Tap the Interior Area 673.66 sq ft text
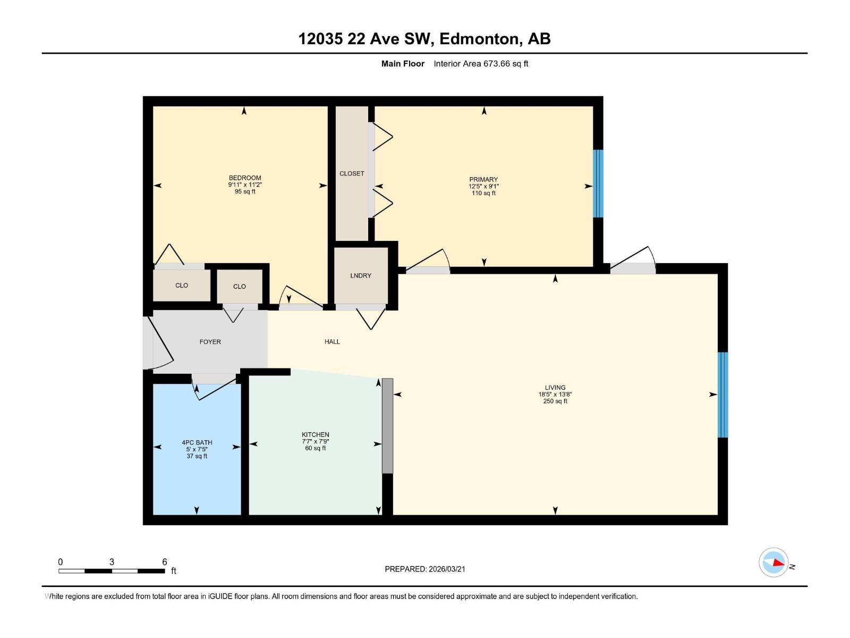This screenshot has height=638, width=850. pos(480,64)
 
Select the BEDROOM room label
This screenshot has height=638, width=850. pos(245,178)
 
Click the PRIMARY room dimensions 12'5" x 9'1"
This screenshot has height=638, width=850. pos(483,187)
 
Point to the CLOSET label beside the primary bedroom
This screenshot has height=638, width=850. pos(352,174)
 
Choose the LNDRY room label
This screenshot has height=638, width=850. pos(361,276)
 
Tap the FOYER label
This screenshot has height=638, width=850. pos(210,342)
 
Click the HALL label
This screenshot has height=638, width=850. pos(332,342)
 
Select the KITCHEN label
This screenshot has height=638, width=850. pos(316,434)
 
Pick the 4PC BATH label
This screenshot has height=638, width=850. pos(197,442)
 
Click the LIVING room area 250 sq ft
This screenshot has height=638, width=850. pos(555,401)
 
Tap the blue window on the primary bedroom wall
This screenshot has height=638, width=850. pos(598,183)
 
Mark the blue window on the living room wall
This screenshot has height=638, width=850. pos(722,394)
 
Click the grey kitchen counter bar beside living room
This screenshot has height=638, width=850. pos(387,425)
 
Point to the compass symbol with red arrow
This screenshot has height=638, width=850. pos(773,562)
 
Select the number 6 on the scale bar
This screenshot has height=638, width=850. pos(165,562)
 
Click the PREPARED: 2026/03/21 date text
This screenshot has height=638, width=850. pos(425,569)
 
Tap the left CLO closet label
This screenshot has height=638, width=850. pos(182,286)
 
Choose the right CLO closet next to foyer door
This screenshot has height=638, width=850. pos(240,287)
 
